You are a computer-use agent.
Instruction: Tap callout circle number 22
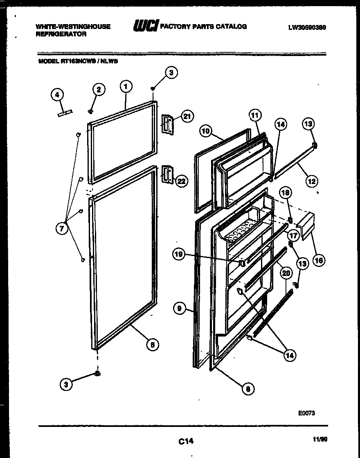coord(181,181)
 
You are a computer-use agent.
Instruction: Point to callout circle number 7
coord(62,229)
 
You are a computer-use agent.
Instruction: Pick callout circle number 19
coord(179,254)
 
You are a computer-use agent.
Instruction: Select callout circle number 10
coord(206,131)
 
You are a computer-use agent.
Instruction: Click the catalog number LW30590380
coord(307,27)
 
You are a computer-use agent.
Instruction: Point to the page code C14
coord(185,441)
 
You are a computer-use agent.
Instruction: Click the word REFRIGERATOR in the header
coord(61,35)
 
